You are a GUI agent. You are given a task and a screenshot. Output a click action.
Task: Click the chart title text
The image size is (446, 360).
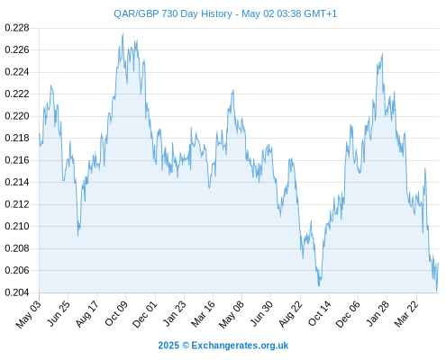(225, 13)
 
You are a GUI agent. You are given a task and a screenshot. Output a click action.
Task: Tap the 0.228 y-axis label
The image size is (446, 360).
(17, 28)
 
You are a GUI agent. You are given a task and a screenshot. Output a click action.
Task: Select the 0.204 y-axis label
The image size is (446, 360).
(17, 292)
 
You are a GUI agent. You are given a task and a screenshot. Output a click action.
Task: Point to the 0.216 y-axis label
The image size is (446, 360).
(17, 160)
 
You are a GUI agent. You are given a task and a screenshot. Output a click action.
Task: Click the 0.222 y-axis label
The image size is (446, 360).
(17, 94)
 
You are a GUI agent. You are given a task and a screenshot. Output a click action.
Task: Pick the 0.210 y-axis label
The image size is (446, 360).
(17, 226)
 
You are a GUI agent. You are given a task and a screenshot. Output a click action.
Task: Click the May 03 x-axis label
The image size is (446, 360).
(29, 313)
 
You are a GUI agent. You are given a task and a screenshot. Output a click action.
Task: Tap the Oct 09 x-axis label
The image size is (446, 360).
(116, 313)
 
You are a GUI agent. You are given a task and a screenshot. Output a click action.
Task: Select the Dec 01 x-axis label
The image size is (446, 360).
(145, 313)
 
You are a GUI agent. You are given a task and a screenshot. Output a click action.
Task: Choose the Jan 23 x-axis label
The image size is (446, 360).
(174, 313)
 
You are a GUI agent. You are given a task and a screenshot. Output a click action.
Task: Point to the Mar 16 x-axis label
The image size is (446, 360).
(203, 313)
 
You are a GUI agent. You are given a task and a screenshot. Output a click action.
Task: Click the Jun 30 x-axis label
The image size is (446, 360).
(261, 313)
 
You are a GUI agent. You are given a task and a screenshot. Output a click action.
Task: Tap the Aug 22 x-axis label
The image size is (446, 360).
(290, 313)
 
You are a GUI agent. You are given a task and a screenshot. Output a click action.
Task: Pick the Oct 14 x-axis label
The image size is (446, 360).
(320, 313)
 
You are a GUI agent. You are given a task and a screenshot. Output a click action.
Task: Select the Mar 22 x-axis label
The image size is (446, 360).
(406, 313)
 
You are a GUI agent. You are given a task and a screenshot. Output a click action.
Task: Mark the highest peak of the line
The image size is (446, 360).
(123, 33)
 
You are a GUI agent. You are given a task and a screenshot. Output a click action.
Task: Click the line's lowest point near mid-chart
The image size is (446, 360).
(319, 286)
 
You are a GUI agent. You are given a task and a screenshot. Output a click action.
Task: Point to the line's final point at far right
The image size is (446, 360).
(439, 263)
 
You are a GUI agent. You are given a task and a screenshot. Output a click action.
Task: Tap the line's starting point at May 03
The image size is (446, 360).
(39, 134)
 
